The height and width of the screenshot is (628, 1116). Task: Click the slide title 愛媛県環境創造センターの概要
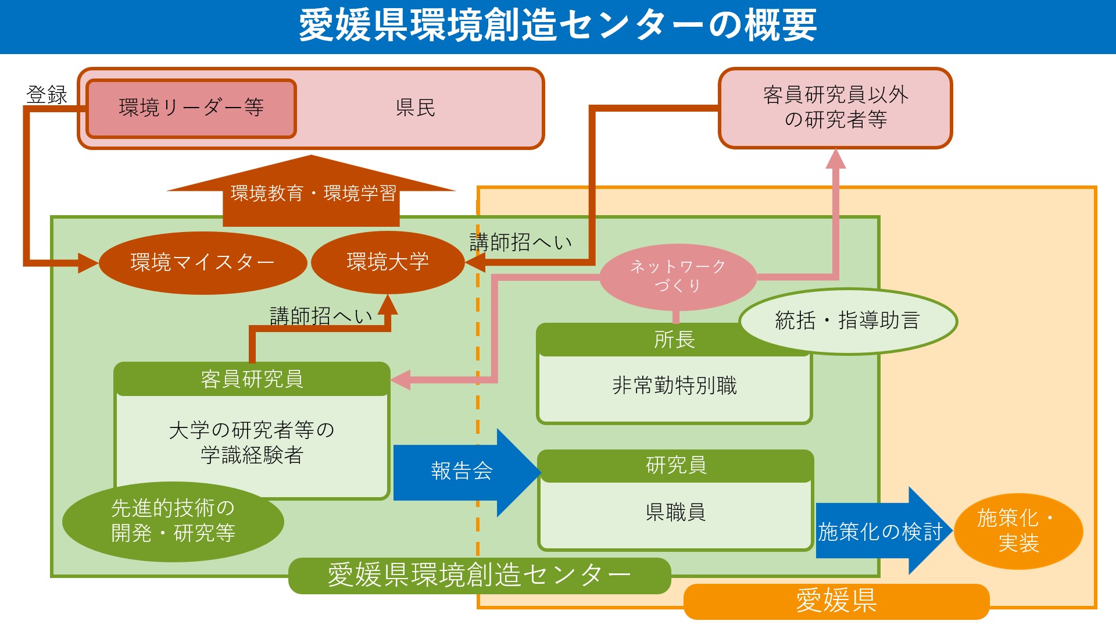point(558,26)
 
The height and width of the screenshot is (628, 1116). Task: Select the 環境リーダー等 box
point(191,108)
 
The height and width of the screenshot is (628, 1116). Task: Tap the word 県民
point(415,108)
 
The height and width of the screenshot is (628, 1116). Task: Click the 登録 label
point(46,95)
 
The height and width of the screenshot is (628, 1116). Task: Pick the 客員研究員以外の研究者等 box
point(835,108)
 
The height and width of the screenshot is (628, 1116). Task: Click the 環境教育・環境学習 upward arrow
point(312,194)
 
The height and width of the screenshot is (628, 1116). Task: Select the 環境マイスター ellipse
point(202,263)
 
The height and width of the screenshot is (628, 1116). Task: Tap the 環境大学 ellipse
point(387,262)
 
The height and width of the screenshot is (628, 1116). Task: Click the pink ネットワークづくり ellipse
point(678,276)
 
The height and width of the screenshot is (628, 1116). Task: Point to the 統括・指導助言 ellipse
point(847,321)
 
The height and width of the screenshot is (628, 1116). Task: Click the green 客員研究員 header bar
point(252,380)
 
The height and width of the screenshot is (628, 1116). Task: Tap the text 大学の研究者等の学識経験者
point(252,442)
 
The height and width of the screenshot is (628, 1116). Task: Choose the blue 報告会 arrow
point(462,472)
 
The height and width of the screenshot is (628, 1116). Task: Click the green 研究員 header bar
point(675,466)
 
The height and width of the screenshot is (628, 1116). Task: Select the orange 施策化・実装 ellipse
point(1018,531)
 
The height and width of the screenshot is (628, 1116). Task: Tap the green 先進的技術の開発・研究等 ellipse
point(173,521)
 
